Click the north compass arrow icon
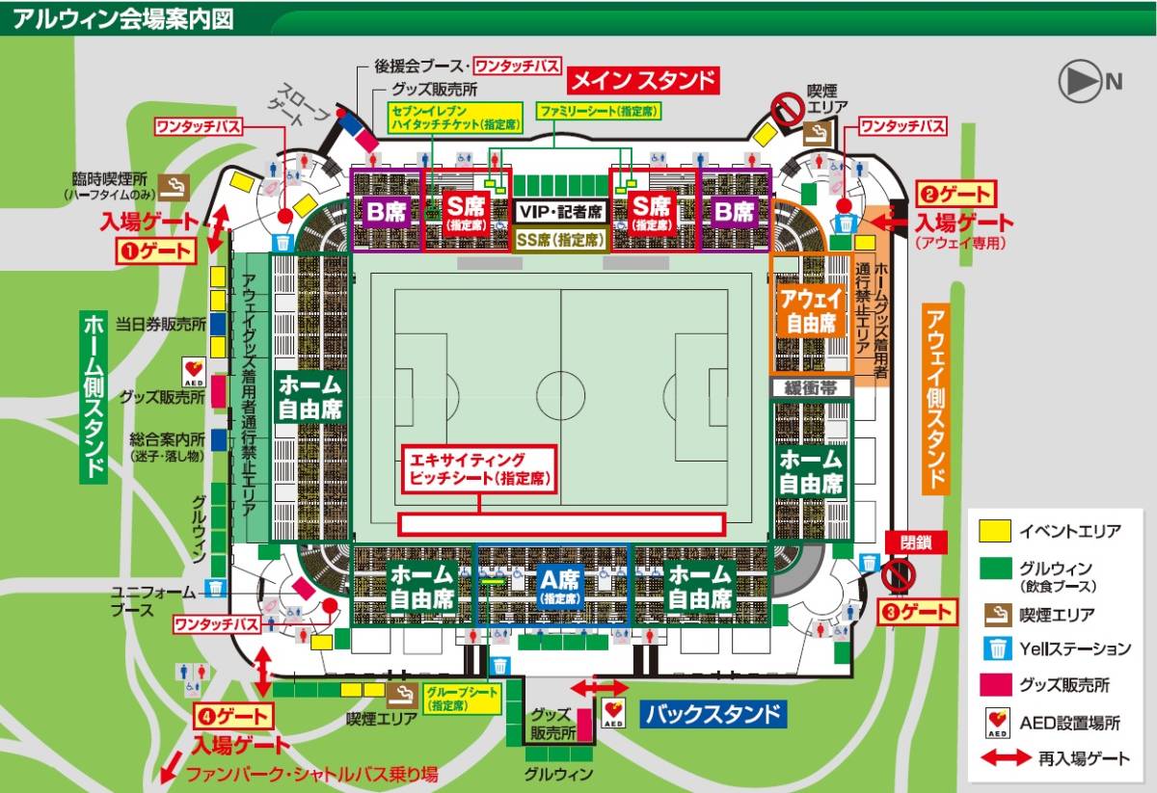pyautogui.click(x=1081, y=82)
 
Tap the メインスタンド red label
pyautogui.click(x=645, y=80)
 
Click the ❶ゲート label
pyautogui.click(x=156, y=252)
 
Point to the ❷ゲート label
pyautogui.click(x=954, y=193)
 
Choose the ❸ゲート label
pyautogui.click(x=916, y=611)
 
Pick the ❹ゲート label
pyautogui.click(x=233, y=716)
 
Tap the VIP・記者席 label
pyautogui.click(x=559, y=211)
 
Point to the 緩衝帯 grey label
pyautogui.click(x=810, y=387)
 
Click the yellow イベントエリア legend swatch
pyautogui.click(x=995, y=531)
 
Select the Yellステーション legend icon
pyautogui.click(x=995, y=648)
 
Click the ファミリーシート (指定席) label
pyautogui.click(x=600, y=111)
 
